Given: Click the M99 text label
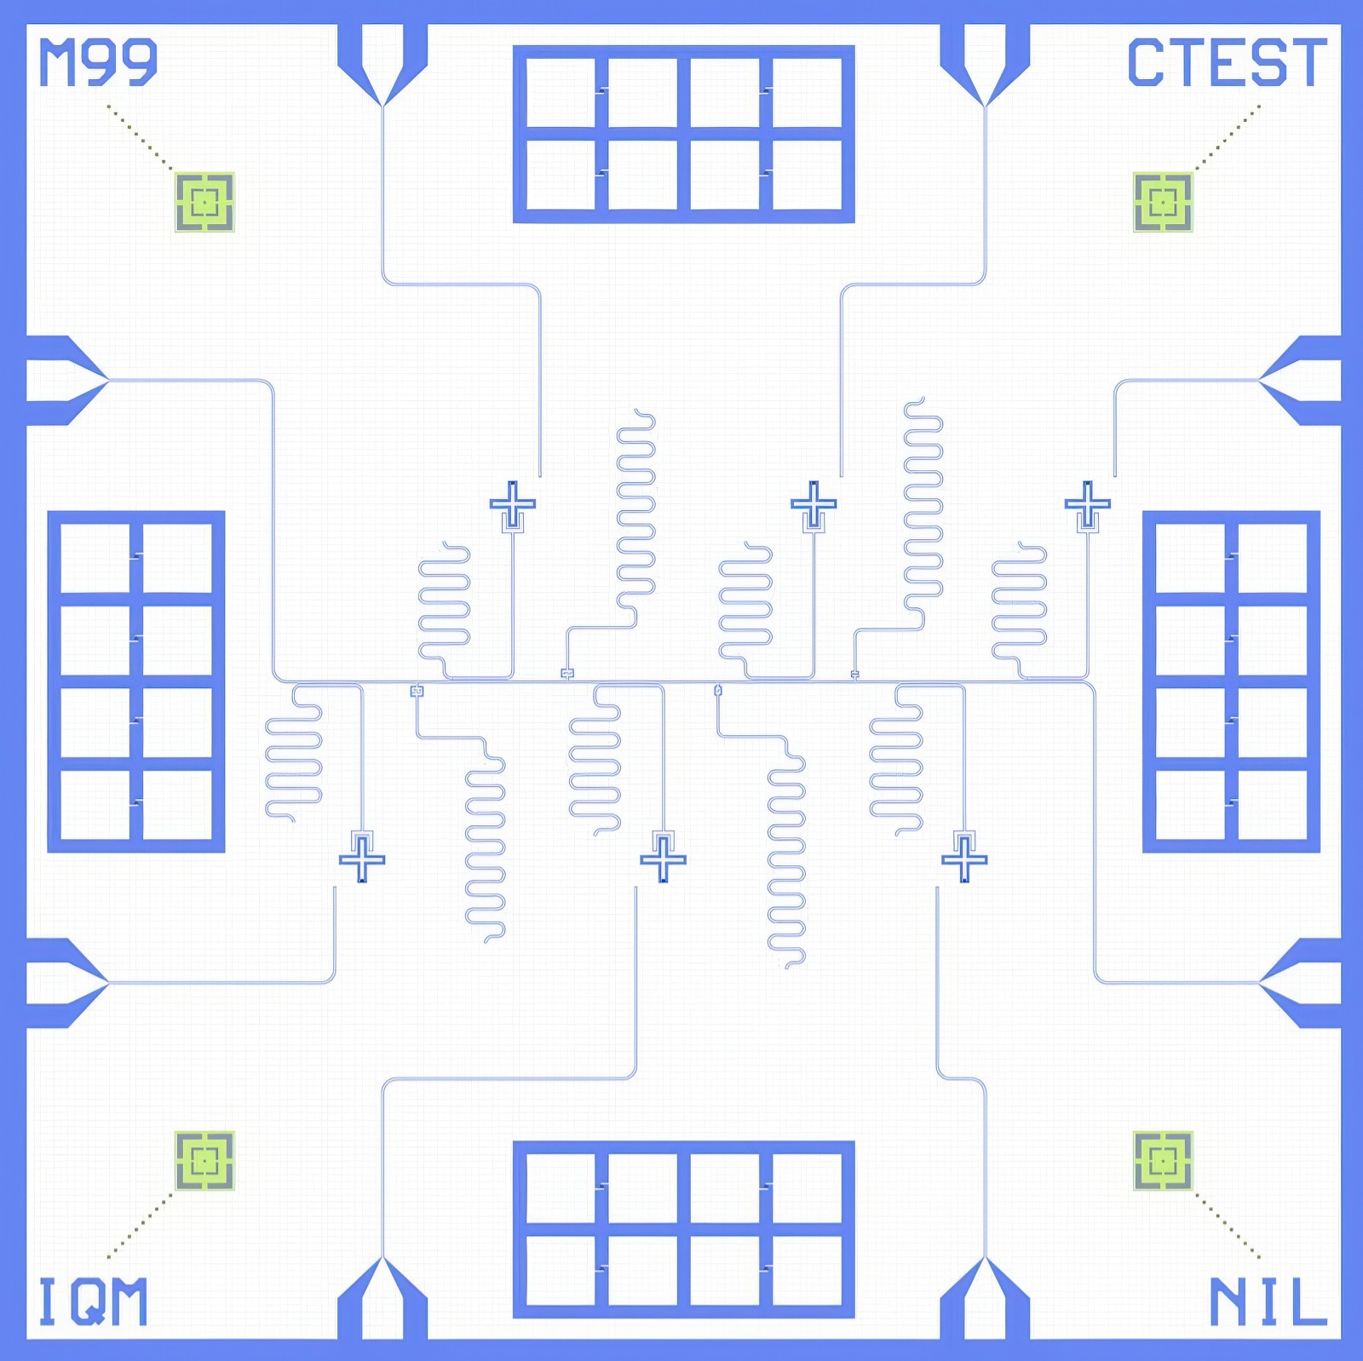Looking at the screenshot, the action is point(99,62).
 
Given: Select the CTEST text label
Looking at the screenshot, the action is point(1227,62).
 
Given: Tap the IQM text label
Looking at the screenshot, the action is point(93,1301).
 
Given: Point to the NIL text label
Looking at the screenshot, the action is point(1268,1301).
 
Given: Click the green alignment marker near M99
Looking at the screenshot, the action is point(204,202).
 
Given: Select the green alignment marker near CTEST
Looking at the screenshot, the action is point(1163,202).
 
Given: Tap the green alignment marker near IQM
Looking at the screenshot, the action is point(204,1160).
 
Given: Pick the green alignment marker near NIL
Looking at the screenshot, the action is point(1163,1160).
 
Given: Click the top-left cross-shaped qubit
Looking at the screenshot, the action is point(513,503).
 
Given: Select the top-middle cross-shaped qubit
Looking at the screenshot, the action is point(814,503).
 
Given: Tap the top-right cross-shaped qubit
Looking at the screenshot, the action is point(1088,503).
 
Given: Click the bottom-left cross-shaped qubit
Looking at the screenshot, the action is point(362,859).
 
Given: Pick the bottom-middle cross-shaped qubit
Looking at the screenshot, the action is point(664,859).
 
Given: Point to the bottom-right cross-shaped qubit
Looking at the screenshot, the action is point(964,859).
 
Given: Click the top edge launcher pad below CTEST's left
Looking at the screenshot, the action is point(985,65).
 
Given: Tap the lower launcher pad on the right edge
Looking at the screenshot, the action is point(1300,983).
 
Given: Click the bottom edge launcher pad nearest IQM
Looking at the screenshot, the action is point(382,1298).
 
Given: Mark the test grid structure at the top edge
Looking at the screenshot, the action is point(684,134).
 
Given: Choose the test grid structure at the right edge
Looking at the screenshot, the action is point(1231,681).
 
